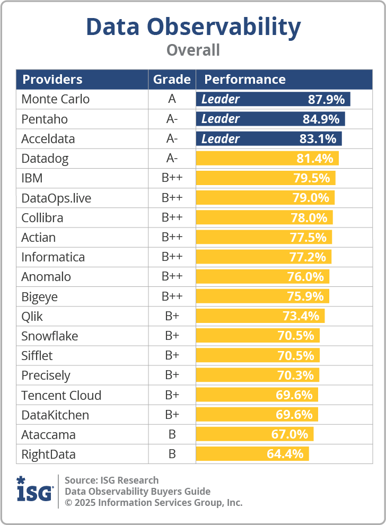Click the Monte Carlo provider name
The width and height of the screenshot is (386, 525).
55,99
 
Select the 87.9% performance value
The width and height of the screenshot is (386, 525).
326,99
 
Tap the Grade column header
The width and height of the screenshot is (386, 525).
172,80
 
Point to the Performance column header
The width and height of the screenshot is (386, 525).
245,80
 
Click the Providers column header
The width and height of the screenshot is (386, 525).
52,80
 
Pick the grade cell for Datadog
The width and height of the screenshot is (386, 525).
172,159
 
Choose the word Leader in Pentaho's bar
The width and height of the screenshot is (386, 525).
221,119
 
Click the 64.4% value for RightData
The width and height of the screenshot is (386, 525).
285,454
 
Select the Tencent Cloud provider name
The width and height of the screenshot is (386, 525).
61,395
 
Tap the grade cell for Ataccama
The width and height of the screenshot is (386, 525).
172,434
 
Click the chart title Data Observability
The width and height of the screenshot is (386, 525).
193,27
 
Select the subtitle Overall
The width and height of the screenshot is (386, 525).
193,50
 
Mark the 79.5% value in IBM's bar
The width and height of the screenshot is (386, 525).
312,178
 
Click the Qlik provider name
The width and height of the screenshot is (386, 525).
32,317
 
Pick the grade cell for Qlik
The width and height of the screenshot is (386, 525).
172,317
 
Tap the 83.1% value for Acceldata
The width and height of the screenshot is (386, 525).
318,139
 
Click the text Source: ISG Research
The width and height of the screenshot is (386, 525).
111,480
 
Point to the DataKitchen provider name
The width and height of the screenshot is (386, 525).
55,415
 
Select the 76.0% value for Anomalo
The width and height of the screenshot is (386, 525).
306,276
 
